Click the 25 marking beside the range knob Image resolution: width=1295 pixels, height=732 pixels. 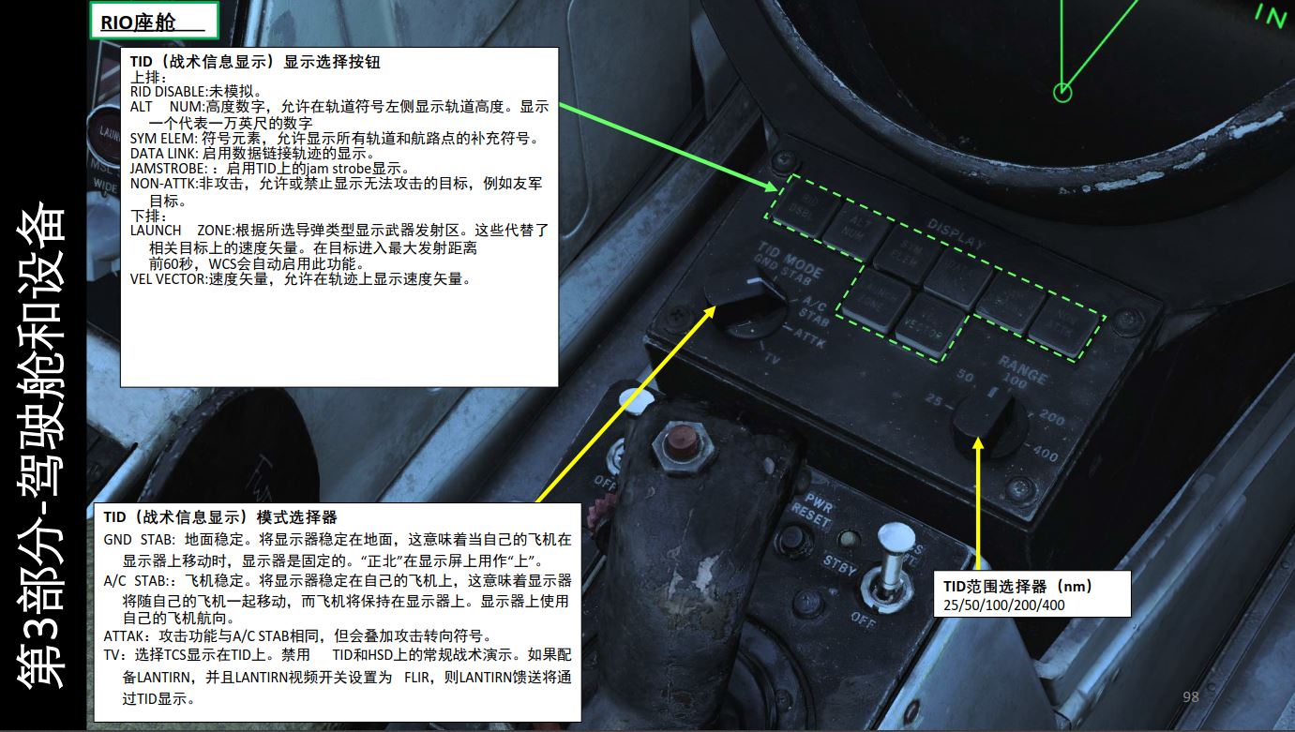[x=932, y=400]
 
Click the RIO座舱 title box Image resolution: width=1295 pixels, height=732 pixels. [x=153, y=21]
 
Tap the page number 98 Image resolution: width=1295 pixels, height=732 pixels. [x=1191, y=696]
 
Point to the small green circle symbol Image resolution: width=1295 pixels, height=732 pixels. [x=1062, y=92]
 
